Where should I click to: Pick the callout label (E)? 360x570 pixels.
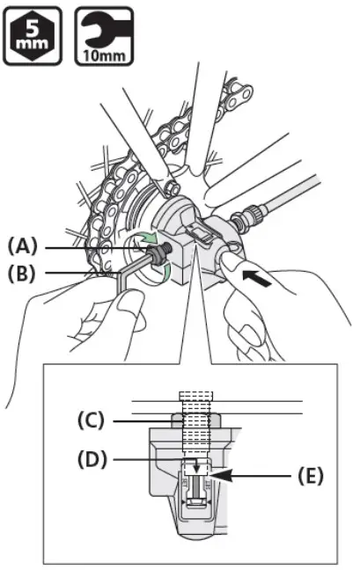308,476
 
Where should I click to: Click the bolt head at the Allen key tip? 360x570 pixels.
159,256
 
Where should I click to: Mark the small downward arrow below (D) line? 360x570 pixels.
196,468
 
